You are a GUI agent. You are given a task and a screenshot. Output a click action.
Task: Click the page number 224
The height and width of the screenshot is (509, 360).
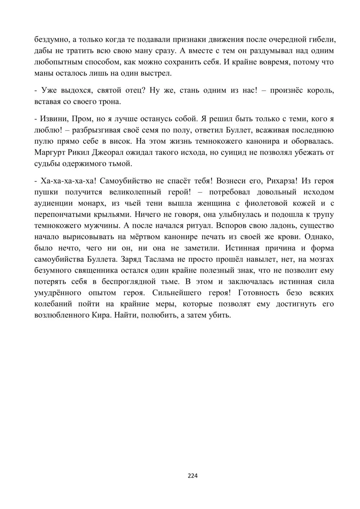pos(193,476)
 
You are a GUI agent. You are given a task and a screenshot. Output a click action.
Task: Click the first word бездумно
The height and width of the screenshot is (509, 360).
pos(49,40)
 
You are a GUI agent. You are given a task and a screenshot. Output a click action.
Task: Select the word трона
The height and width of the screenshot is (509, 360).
pos(109,102)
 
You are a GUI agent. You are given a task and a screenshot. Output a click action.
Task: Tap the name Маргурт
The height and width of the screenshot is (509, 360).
pos(49,152)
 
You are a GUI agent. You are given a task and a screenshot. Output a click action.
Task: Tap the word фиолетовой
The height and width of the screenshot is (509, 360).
pos(258,203)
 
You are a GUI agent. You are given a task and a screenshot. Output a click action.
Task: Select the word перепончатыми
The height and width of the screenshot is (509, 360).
pos(64,214)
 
